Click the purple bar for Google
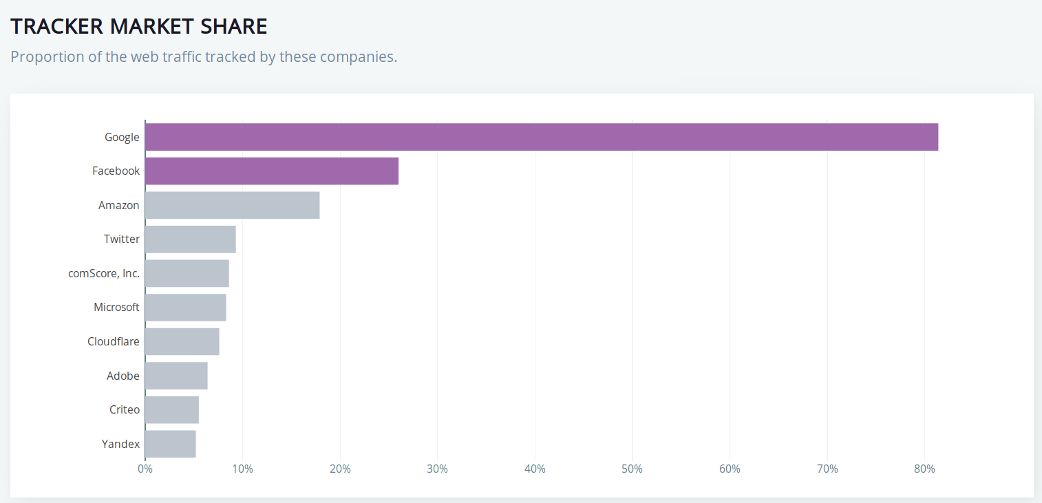pyautogui.click(x=542, y=137)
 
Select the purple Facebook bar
pyautogui.click(x=272, y=171)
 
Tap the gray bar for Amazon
pyautogui.click(x=233, y=205)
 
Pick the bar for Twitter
pyautogui.click(x=191, y=239)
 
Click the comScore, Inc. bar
pyautogui.click(x=187, y=273)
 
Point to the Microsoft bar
pyautogui.click(x=186, y=307)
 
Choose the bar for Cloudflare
pyautogui.click(x=182, y=341)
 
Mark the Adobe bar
pyautogui.click(x=176, y=376)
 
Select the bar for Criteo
pyautogui.click(x=172, y=409)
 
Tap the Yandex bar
pyautogui.click(x=171, y=444)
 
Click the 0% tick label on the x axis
pyautogui.click(x=145, y=469)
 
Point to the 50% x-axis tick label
pyautogui.click(x=632, y=469)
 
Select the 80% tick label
pyautogui.click(x=924, y=469)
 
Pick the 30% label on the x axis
pyautogui.click(x=438, y=469)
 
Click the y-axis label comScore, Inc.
pyautogui.click(x=104, y=273)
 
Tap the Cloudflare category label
pyautogui.click(x=114, y=341)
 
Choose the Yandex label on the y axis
pyautogui.click(x=120, y=444)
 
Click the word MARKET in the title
pyautogui.click(x=150, y=26)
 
